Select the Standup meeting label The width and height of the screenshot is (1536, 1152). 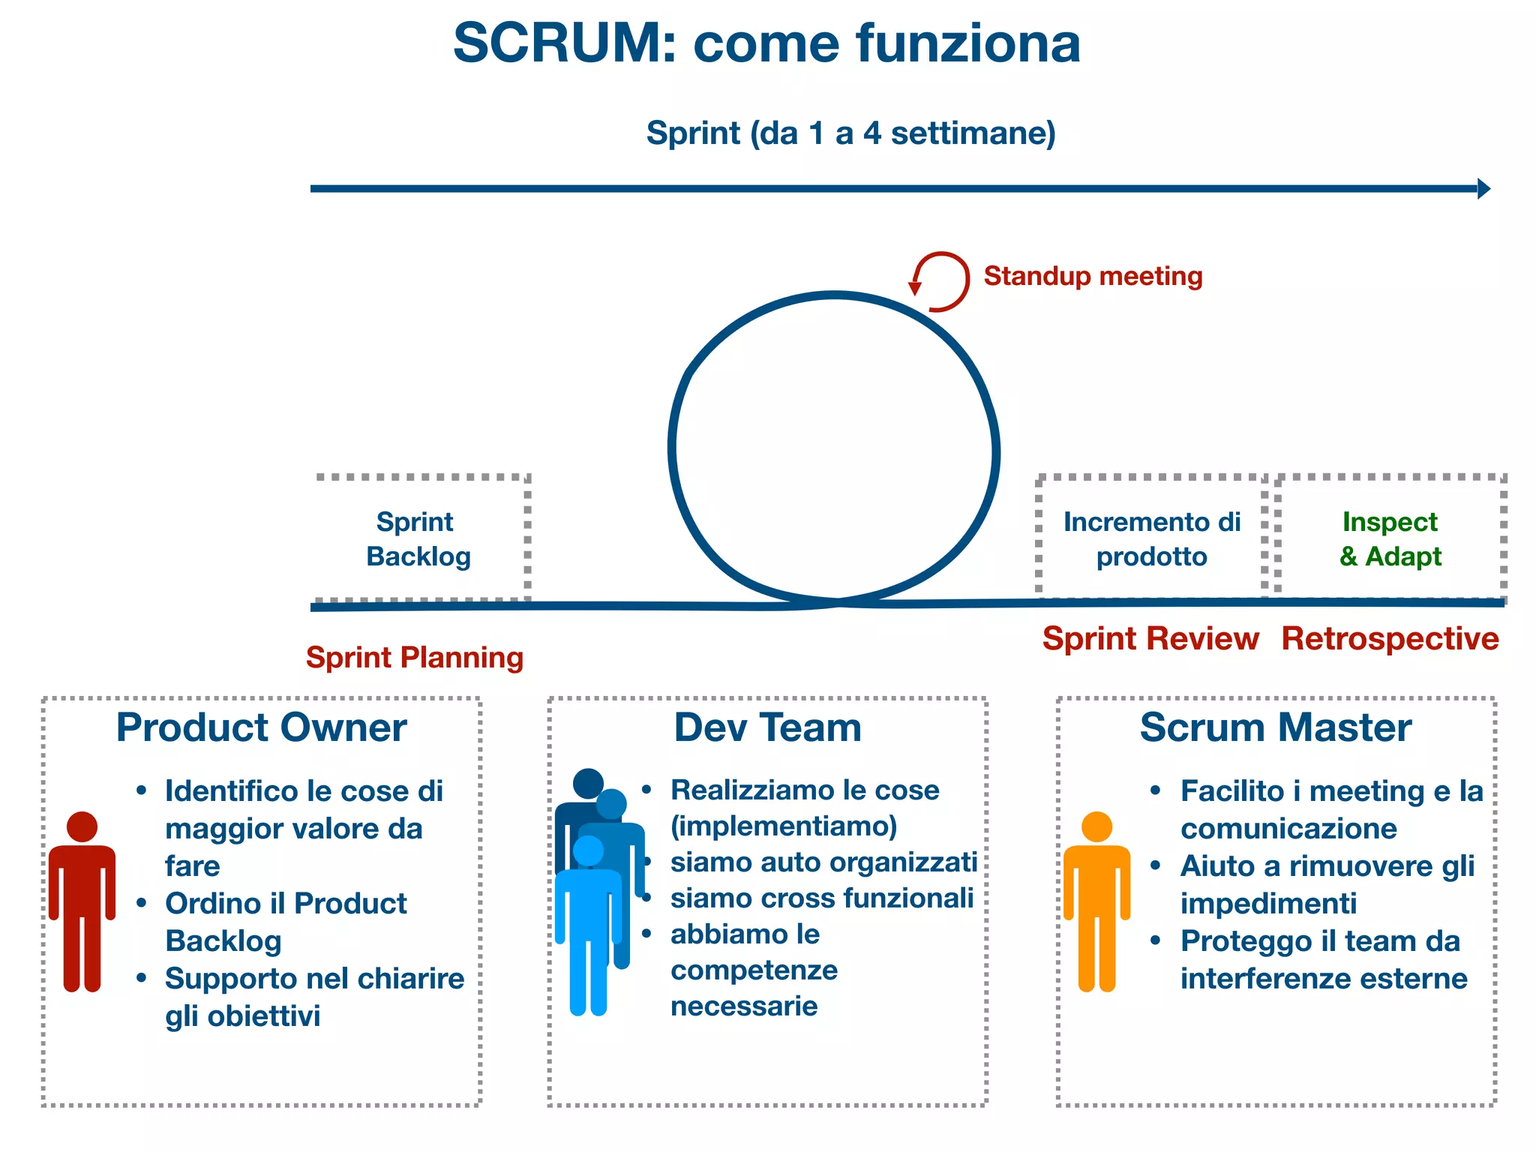pyautogui.click(x=1093, y=276)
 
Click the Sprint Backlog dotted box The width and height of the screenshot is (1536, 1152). pyautogui.click(x=421, y=538)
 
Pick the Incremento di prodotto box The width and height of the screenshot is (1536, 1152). pyautogui.click(x=1151, y=538)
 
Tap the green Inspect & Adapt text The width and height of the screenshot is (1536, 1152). pyautogui.click(x=1390, y=538)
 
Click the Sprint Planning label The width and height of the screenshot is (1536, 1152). pyautogui.click(x=414, y=658)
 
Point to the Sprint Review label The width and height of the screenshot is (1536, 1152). pyautogui.click(x=1150, y=639)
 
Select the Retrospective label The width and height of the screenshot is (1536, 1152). pyautogui.click(x=1390, y=639)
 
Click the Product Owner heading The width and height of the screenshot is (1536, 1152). pyautogui.click(x=261, y=727)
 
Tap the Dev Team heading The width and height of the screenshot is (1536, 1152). pyautogui.click(x=767, y=727)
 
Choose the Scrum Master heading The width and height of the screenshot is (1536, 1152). pyautogui.click(x=1275, y=727)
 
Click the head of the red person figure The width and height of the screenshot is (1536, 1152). pyautogui.click(x=82, y=826)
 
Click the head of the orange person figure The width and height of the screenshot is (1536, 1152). pyautogui.click(x=1096, y=826)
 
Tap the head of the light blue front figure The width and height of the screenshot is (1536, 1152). pyautogui.click(x=588, y=850)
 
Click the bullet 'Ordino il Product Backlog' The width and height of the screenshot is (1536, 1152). pyautogui.click(x=285, y=922)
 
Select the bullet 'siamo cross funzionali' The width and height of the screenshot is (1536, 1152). pyautogui.click(x=821, y=898)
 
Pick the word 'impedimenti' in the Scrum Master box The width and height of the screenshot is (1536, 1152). pyautogui.click(x=1268, y=904)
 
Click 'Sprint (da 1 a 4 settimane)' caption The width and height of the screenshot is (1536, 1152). pyautogui.click(x=850, y=133)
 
